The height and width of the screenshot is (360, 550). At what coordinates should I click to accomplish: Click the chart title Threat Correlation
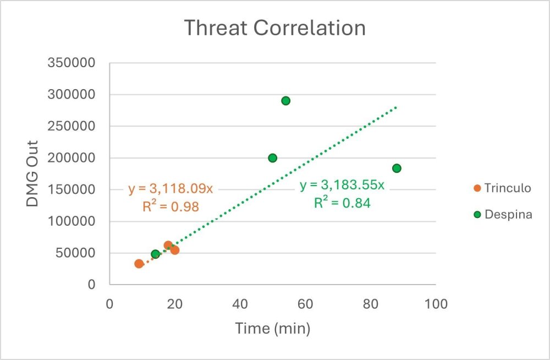click(274, 28)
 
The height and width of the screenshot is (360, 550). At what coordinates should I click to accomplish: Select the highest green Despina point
click(285, 101)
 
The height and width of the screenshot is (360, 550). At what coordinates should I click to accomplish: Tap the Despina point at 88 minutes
click(397, 168)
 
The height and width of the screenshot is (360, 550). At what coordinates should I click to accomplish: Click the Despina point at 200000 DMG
click(272, 158)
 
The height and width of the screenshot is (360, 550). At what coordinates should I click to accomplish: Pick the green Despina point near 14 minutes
click(155, 254)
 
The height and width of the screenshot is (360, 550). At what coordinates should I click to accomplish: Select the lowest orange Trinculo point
click(139, 264)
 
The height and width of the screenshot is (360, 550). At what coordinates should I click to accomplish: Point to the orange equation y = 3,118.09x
click(170, 189)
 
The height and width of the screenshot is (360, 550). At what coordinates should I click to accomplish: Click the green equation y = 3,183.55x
click(342, 185)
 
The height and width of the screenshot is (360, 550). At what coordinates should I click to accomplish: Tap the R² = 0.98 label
click(170, 206)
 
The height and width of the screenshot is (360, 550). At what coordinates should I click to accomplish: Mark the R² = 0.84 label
click(342, 203)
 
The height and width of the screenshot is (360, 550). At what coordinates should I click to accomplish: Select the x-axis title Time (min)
click(273, 329)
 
